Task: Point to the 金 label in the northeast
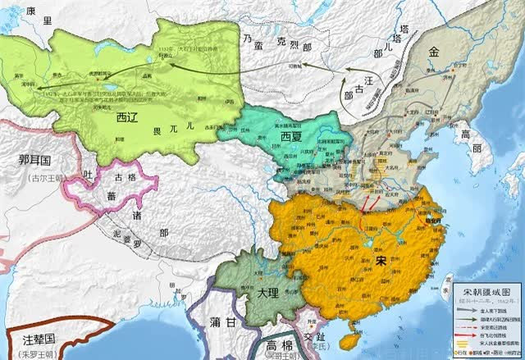(434, 51)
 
